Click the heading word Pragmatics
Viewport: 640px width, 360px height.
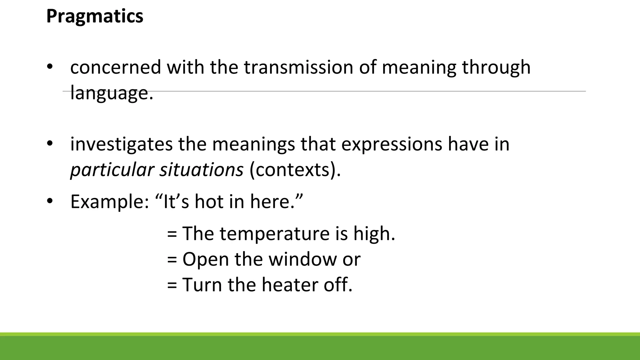95,16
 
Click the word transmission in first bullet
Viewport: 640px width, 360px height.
298,67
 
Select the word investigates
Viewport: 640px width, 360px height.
121,144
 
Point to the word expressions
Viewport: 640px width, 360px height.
391,144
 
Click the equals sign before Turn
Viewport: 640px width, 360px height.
172,285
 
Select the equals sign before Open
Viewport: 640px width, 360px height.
172,260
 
